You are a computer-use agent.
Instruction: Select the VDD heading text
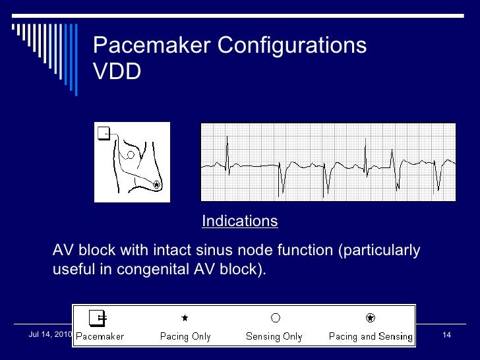(117, 73)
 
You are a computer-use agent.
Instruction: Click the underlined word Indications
(239, 221)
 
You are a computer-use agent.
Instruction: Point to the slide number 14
(446, 336)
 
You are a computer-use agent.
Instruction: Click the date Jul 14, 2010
(50, 335)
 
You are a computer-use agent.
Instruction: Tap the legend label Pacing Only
(185, 337)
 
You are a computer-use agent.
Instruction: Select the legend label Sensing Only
(274, 337)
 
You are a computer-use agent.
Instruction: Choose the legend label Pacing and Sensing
(371, 337)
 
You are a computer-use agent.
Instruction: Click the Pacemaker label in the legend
(100, 337)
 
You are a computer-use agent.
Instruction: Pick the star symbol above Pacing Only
(185, 318)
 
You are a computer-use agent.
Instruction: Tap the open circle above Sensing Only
(276, 318)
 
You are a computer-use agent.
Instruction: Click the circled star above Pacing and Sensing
(371, 318)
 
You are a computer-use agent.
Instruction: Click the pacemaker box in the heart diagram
(103, 134)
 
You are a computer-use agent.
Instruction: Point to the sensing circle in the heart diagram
(131, 155)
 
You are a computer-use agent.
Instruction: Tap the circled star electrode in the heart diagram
(156, 185)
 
